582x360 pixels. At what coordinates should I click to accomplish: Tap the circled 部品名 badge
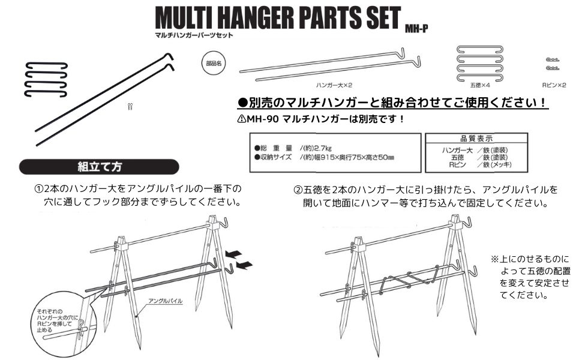point(213,62)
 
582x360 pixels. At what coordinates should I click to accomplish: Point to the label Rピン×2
point(554,86)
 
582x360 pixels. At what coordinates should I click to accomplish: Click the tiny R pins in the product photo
point(130,107)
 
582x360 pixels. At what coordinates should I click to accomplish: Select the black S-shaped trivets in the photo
point(45,79)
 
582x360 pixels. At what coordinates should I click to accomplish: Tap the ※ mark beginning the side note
point(495,259)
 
